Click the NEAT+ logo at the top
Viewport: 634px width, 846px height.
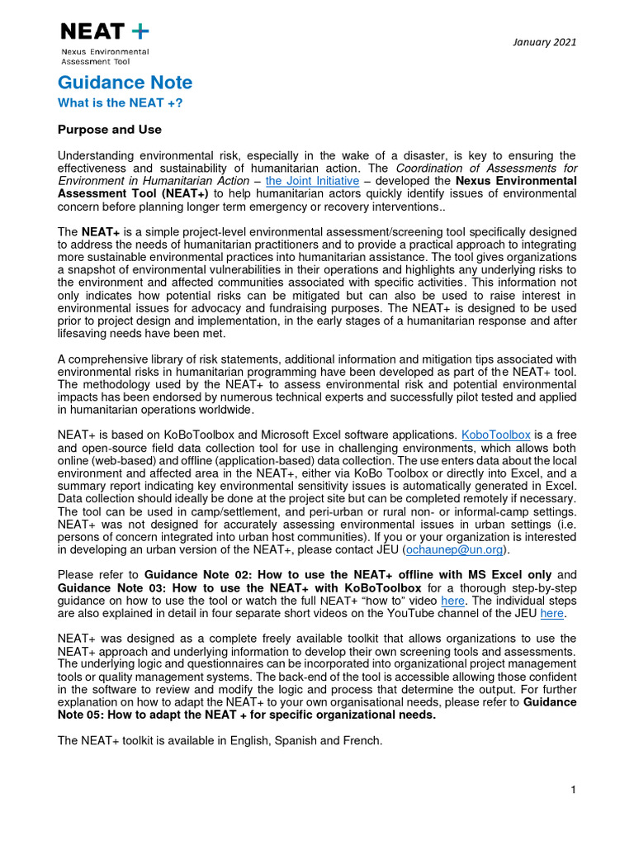[105, 32]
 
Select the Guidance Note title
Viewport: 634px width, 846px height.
[125, 83]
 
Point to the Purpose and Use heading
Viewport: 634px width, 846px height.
[110, 130]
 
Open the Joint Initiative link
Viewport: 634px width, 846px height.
[312, 181]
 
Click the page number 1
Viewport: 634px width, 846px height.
[572, 791]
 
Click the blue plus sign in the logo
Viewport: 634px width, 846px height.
[140, 32]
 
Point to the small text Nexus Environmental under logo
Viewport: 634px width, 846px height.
[105, 52]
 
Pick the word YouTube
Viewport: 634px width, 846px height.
[414, 614]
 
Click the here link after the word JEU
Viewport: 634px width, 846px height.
[551, 614]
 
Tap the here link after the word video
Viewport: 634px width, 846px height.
[453, 601]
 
